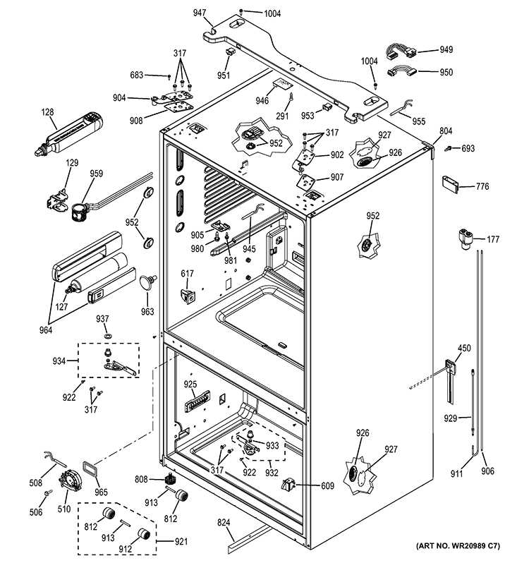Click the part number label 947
(x=200, y=13)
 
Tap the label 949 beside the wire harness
(x=446, y=49)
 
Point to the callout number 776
(x=482, y=186)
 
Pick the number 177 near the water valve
(x=492, y=240)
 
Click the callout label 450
(x=463, y=348)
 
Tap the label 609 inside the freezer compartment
(x=307, y=485)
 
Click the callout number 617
(x=187, y=273)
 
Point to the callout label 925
(x=190, y=385)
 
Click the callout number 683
(x=136, y=74)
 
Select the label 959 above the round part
(x=96, y=174)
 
